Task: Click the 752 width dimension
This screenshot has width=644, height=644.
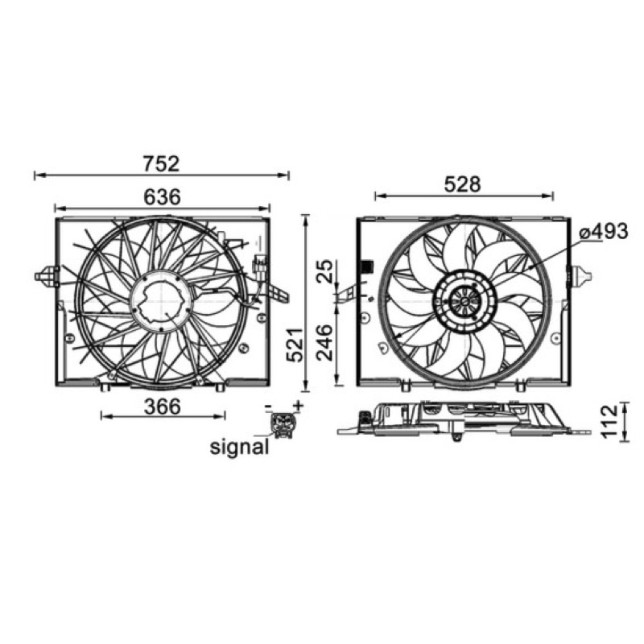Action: click(x=162, y=164)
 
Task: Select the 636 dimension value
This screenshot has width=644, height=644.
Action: click(x=163, y=197)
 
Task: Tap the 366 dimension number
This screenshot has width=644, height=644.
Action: click(x=163, y=407)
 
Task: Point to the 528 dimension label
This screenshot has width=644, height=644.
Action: click(x=462, y=185)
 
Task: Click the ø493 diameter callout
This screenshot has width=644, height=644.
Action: click(x=603, y=232)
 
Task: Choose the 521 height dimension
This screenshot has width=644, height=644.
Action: click(x=295, y=345)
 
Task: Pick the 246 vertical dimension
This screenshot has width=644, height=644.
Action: click(x=325, y=343)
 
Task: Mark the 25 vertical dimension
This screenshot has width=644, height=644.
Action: click(x=325, y=271)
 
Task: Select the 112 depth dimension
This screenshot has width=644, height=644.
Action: click(x=609, y=421)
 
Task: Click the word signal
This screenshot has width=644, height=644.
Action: click(x=239, y=447)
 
